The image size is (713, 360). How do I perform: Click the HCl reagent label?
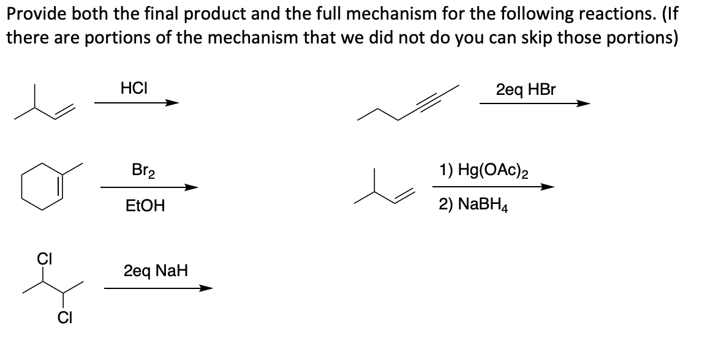pos(133,88)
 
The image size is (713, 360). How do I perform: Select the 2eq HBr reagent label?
pos(526,89)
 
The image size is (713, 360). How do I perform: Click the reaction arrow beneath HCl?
pos(137,103)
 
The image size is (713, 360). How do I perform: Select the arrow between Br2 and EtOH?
pos(149,187)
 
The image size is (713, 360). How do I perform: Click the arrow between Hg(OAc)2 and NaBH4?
pos(492,187)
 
